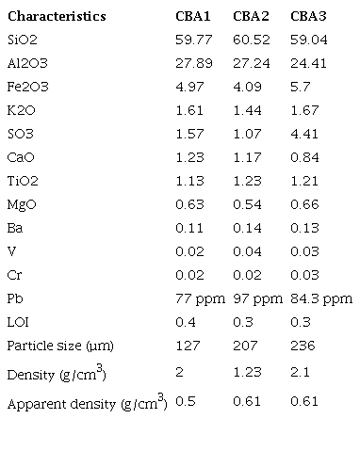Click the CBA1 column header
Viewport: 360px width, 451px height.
(x=193, y=17)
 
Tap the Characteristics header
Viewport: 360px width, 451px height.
(x=57, y=17)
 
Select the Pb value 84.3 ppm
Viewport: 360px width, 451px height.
(x=320, y=299)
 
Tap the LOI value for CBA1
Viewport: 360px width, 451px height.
(x=185, y=323)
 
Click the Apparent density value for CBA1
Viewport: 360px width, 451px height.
(x=185, y=403)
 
